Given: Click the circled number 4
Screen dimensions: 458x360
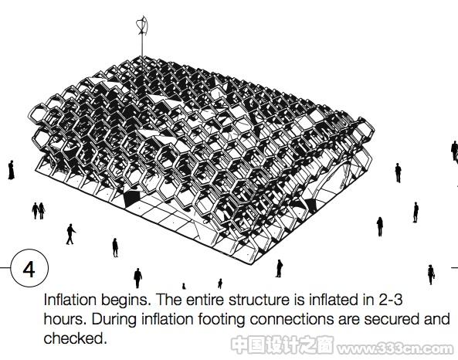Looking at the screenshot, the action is (29, 268).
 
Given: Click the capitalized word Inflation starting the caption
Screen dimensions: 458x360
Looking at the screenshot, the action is (70, 300).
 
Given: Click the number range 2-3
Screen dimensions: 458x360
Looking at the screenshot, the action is (391, 300).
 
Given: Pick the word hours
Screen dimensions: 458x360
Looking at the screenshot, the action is (65, 319).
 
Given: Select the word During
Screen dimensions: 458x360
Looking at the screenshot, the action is (114, 320).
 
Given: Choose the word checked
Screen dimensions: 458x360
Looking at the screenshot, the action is (75, 338).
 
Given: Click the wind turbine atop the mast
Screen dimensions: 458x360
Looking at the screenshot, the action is (142, 25).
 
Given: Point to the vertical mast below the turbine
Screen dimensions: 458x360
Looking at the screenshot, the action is (142, 46).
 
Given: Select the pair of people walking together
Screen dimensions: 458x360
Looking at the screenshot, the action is (39, 211).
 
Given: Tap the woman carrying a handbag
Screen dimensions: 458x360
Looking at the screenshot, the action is (431, 274).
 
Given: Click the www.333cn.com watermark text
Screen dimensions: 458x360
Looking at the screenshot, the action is (395, 348).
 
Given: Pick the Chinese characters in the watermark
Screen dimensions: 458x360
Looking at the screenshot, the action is (282, 345).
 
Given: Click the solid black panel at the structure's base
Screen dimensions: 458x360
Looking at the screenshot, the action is (132, 198).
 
